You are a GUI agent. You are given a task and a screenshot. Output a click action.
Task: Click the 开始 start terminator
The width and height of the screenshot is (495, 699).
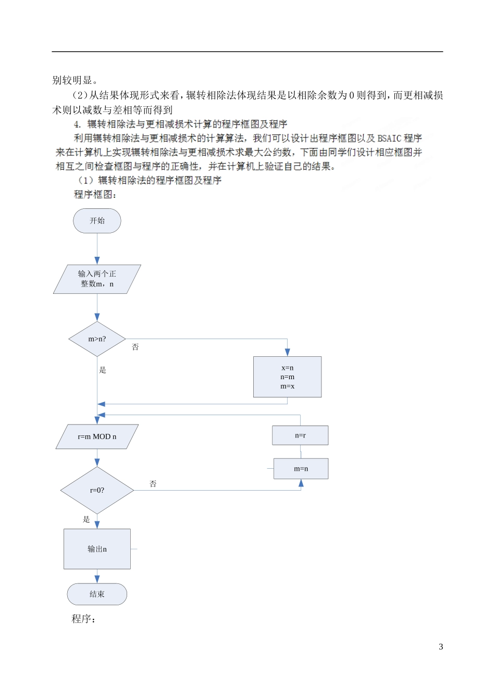click(97, 221)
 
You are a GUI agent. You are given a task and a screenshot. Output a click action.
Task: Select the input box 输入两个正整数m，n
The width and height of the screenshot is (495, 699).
click(97, 279)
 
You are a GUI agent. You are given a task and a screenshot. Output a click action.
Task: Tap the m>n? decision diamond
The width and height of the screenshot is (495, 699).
click(97, 339)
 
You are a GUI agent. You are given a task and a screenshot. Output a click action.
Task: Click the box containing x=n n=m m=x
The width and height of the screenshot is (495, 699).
click(287, 377)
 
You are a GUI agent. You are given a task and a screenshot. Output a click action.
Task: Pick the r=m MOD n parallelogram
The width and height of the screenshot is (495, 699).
click(97, 436)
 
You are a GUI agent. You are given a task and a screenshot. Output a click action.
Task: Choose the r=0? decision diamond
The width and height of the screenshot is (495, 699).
click(97, 490)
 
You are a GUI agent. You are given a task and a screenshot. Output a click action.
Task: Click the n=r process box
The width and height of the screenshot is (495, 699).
click(300, 435)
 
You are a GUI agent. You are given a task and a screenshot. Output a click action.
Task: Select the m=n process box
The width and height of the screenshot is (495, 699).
click(301, 469)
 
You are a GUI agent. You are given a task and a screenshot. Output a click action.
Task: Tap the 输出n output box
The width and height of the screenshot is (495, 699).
click(97, 549)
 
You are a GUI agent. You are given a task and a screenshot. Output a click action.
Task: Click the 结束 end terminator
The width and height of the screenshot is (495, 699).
click(97, 594)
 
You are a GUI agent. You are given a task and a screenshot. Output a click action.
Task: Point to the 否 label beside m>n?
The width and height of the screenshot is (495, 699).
click(135, 347)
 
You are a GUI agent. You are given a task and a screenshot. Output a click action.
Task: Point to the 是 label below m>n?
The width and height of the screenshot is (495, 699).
click(103, 370)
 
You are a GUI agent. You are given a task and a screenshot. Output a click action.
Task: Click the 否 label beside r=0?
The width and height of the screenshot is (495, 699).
click(153, 484)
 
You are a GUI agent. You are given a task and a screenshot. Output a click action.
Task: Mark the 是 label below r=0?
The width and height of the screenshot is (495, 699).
click(86, 519)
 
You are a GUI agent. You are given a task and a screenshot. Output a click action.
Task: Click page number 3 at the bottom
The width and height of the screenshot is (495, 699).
click(441, 647)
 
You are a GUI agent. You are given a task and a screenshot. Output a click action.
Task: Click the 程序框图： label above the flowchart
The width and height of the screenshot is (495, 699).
click(95, 195)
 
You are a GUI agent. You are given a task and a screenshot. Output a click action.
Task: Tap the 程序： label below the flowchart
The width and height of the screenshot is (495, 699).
click(84, 619)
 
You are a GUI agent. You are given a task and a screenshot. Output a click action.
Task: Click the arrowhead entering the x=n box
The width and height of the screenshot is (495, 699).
click(287, 353)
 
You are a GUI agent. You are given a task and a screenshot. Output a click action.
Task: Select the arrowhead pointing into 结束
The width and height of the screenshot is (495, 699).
click(97, 579)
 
